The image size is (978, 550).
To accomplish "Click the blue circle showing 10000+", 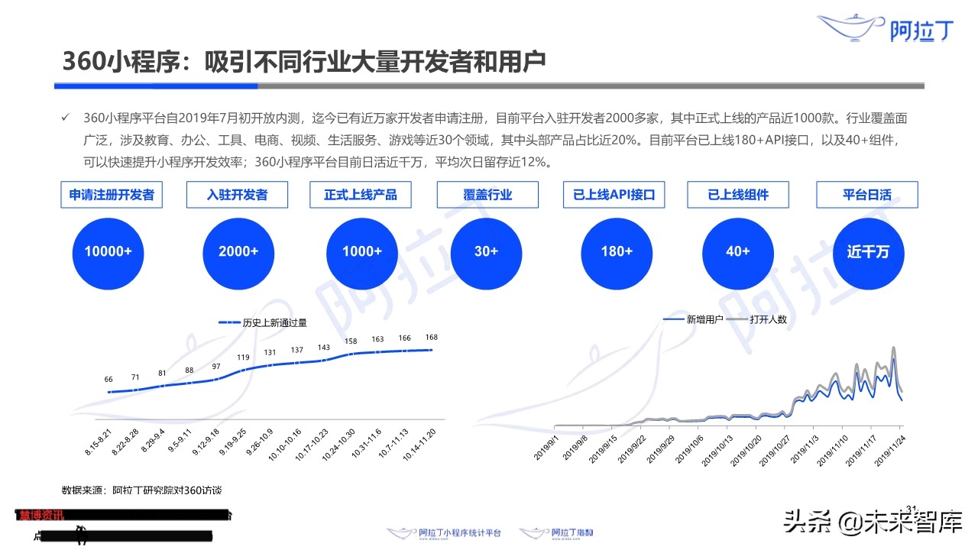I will (x=108, y=251).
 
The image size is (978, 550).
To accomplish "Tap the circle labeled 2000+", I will (x=238, y=251).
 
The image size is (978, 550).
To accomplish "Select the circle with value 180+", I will (x=616, y=251).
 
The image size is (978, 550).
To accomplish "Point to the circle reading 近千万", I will (x=867, y=251).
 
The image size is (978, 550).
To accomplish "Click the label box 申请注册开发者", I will (x=112, y=195).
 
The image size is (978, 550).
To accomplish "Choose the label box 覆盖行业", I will (x=487, y=195).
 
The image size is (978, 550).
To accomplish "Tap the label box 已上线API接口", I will (x=614, y=195).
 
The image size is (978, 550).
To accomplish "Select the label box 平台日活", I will (x=867, y=195).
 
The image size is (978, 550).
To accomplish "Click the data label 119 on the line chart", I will (x=243, y=357).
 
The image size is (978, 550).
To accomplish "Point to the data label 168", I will (x=432, y=338).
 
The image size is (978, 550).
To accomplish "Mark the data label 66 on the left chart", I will (x=108, y=380).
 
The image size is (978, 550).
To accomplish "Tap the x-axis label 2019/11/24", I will (x=888, y=452).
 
